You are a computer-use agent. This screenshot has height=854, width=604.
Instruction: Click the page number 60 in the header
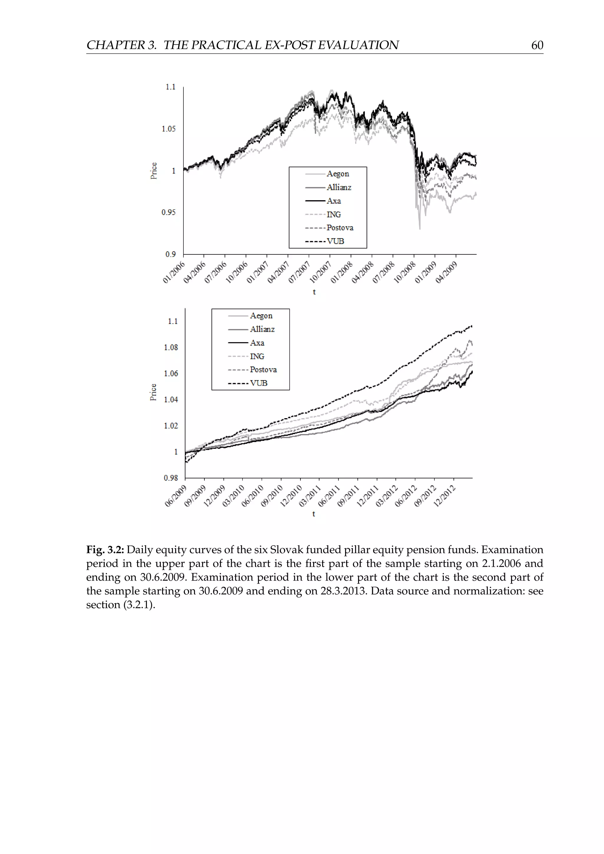(x=537, y=45)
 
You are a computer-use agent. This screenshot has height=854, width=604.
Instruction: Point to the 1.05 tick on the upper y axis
(x=168, y=129)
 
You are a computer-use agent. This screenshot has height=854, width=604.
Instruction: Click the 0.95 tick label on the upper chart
(x=168, y=212)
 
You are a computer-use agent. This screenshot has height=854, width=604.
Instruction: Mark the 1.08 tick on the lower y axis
(x=171, y=347)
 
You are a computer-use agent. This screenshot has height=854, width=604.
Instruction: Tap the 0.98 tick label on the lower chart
(x=171, y=478)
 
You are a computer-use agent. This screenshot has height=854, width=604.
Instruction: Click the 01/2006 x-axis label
(x=174, y=272)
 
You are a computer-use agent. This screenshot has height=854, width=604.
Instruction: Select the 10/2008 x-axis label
(x=405, y=272)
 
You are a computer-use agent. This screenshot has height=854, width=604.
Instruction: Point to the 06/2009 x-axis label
(x=175, y=496)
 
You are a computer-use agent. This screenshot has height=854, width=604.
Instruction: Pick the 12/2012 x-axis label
(x=444, y=496)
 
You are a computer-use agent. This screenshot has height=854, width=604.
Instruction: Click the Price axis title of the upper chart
(x=154, y=171)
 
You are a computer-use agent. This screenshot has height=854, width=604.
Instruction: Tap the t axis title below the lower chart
(x=314, y=514)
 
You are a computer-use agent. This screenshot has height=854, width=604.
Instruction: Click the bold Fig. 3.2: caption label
(x=105, y=550)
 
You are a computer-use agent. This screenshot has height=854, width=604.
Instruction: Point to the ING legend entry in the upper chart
(x=334, y=214)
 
